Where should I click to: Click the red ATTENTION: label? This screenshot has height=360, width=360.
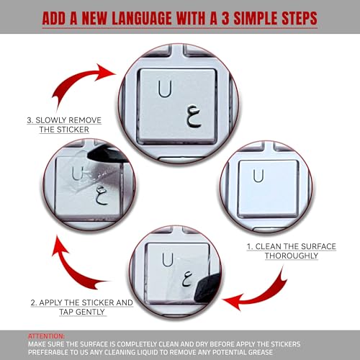point(45,336)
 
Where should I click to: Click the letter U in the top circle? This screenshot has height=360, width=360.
point(165,89)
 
